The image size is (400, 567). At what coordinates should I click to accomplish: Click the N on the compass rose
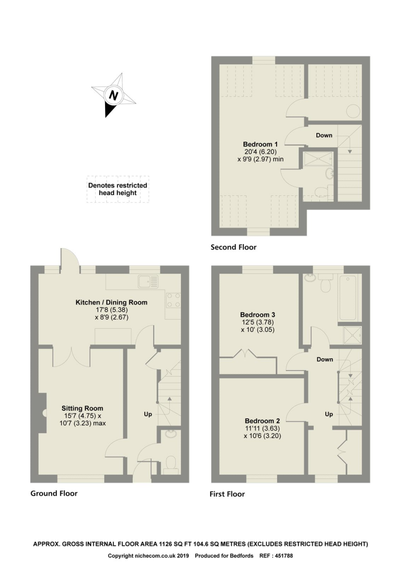click(x=113, y=95)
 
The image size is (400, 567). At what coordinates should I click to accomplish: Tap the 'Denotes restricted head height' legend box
click(x=117, y=189)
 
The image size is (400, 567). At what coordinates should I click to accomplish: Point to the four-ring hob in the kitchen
click(x=172, y=300)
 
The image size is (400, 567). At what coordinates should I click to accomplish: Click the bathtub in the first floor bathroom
click(x=349, y=297)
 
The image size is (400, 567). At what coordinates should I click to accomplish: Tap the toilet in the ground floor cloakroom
click(x=170, y=463)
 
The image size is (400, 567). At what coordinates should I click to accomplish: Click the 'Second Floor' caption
click(x=233, y=248)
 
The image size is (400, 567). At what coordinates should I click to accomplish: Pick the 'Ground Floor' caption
click(x=54, y=493)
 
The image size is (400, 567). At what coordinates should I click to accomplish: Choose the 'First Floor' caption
click(x=227, y=494)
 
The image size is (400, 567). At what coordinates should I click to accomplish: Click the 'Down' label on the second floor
click(x=324, y=135)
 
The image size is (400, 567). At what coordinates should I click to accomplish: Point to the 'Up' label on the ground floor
click(x=148, y=414)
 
